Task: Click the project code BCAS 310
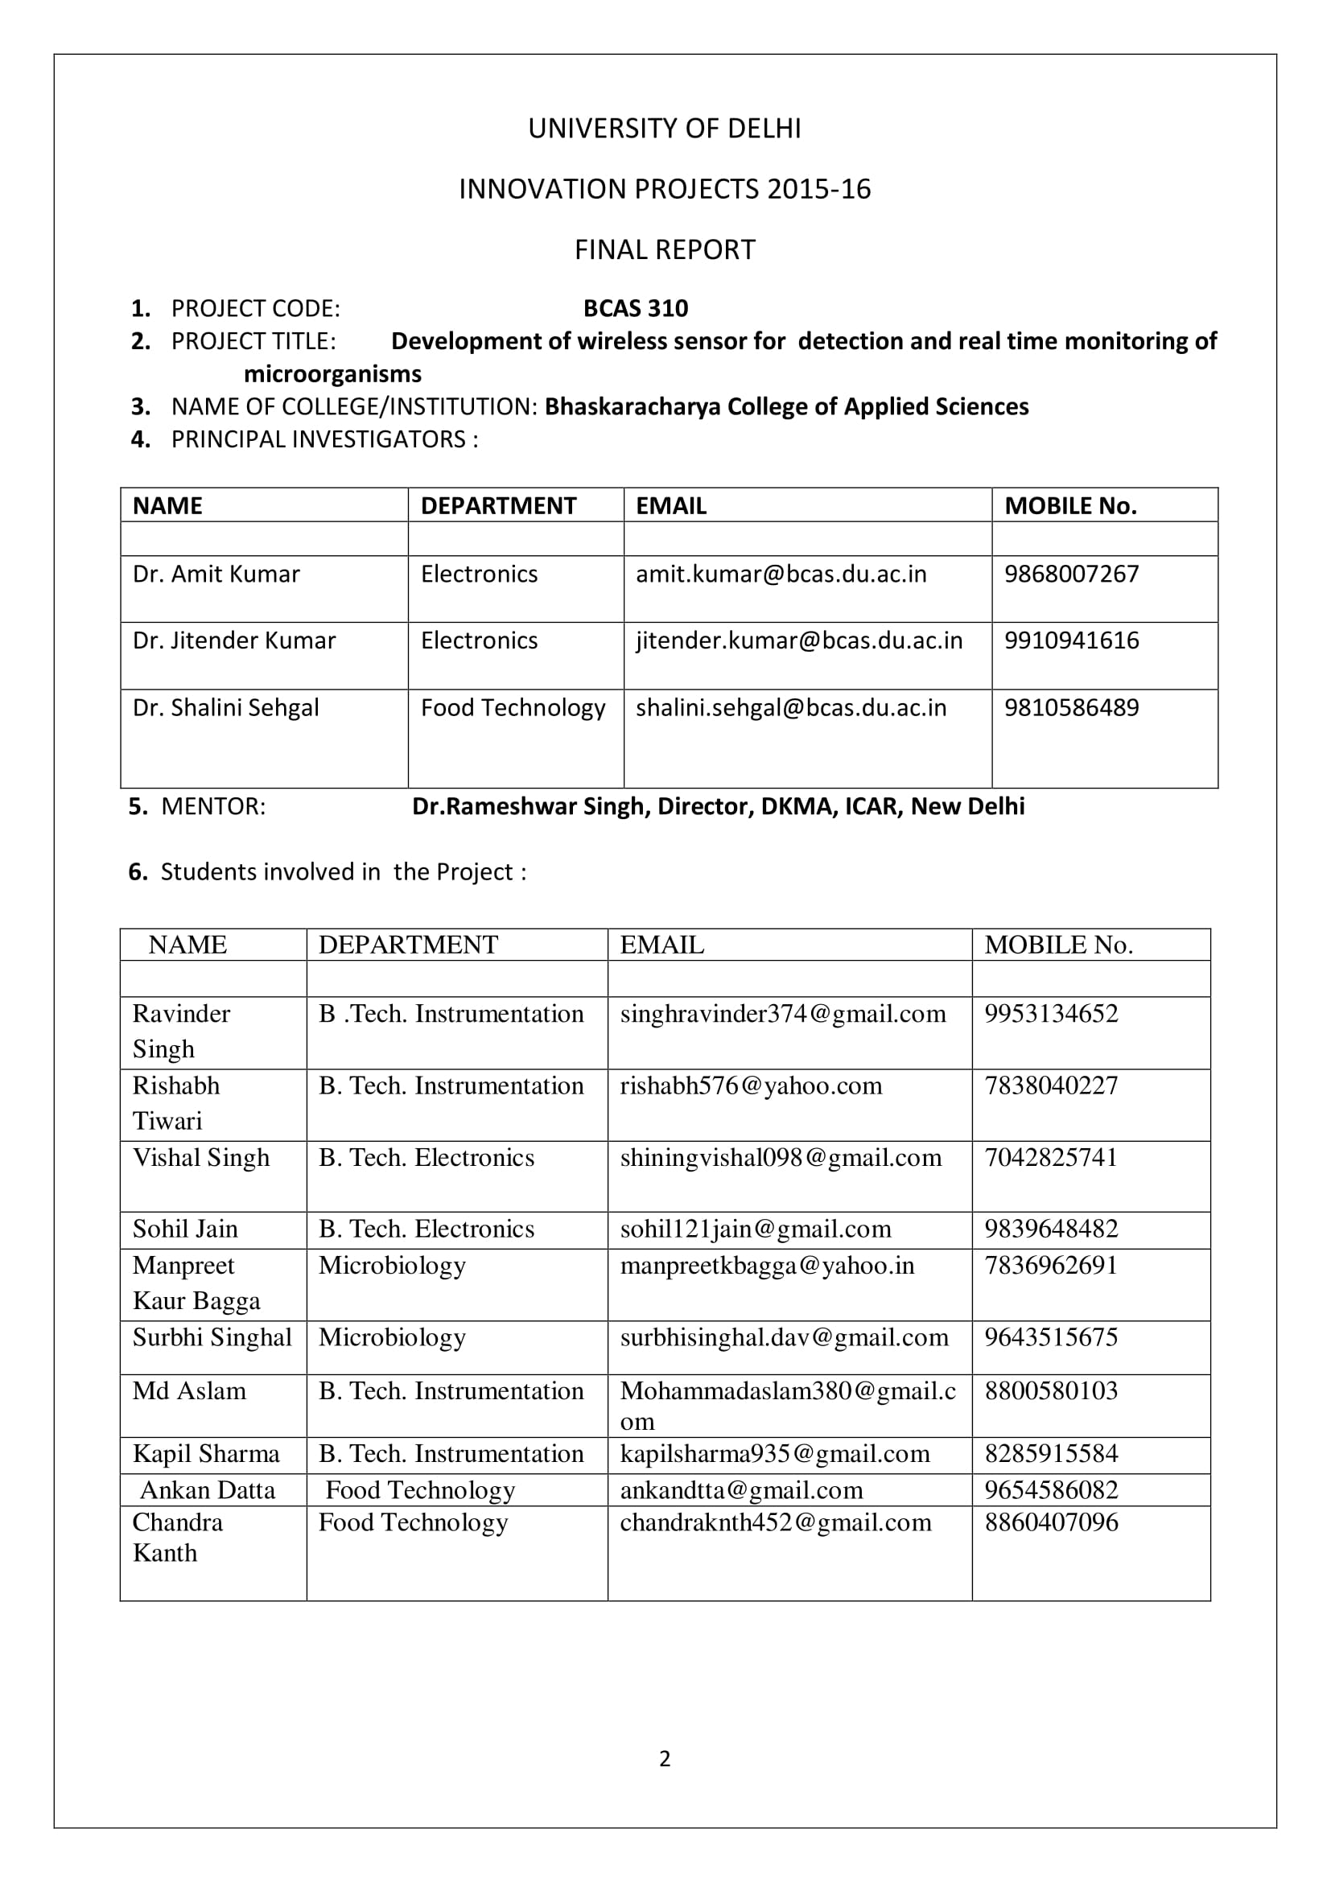tap(635, 308)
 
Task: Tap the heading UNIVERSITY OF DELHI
tap(665, 129)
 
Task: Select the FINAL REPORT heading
tap(665, 249)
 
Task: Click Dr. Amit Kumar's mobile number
tap(1071, 574)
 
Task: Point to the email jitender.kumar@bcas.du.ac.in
tap(799, 640)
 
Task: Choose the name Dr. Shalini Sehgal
tap(226, 707)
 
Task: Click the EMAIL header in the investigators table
tap(671, 506)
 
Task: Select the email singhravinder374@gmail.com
tap(783, 1014)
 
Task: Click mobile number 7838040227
tap(1051, 1085)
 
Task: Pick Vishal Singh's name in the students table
tap(202, 1157)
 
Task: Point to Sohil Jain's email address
tap(755, 1229)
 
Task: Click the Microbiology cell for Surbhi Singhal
tap(392, 1337)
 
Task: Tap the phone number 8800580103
tap(1051, 1390)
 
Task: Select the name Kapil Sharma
tap(206, 1453)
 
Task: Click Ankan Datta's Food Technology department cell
tap(419, 1489)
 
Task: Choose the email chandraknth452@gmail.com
tap(775, 1522)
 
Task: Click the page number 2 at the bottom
tap(665, 1759)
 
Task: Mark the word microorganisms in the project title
tap(333, 374)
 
